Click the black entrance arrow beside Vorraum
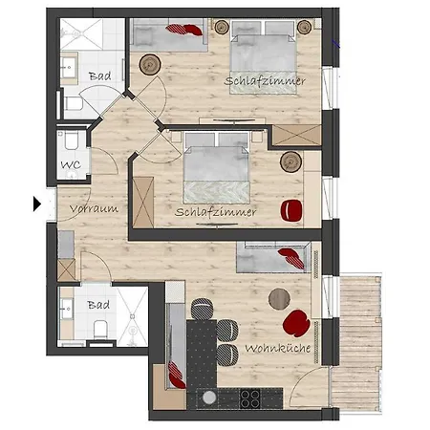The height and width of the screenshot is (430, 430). (x=37, y=204)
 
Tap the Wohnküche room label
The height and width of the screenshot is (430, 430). (x=278, y=348)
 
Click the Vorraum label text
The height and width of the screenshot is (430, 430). (x=94, y=208)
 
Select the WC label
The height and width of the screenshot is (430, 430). (x=71, y=164)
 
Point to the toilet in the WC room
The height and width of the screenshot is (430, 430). (x=72, y=140)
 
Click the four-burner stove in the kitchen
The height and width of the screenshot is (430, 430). (x=250, y=398)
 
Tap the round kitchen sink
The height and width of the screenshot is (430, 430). (x=209, y=398)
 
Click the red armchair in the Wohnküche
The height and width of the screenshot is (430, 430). (x=296, y=323)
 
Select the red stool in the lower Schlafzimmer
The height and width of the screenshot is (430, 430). (x=291, y=210)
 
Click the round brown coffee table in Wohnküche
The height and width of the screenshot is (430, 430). (x=279, y=299)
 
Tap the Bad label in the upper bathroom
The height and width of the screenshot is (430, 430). (x=100, y=76)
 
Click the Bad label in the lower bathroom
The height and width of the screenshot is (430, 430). (x=98, y=305)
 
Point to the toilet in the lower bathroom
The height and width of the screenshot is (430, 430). (x=100, y=329)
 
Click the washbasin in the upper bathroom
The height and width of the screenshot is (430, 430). (x=69, y=68)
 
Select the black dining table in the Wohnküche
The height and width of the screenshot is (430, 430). (x=202, y=354)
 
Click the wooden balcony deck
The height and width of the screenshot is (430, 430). (x=357, y=343)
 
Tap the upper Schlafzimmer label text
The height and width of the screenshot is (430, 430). (x=265, y=81)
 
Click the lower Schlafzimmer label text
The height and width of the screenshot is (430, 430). (x=215, y=212)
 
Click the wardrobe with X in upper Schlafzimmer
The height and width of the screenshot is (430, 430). (x=297, y=136)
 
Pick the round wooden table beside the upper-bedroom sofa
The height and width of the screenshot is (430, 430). (x=150, y=65)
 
